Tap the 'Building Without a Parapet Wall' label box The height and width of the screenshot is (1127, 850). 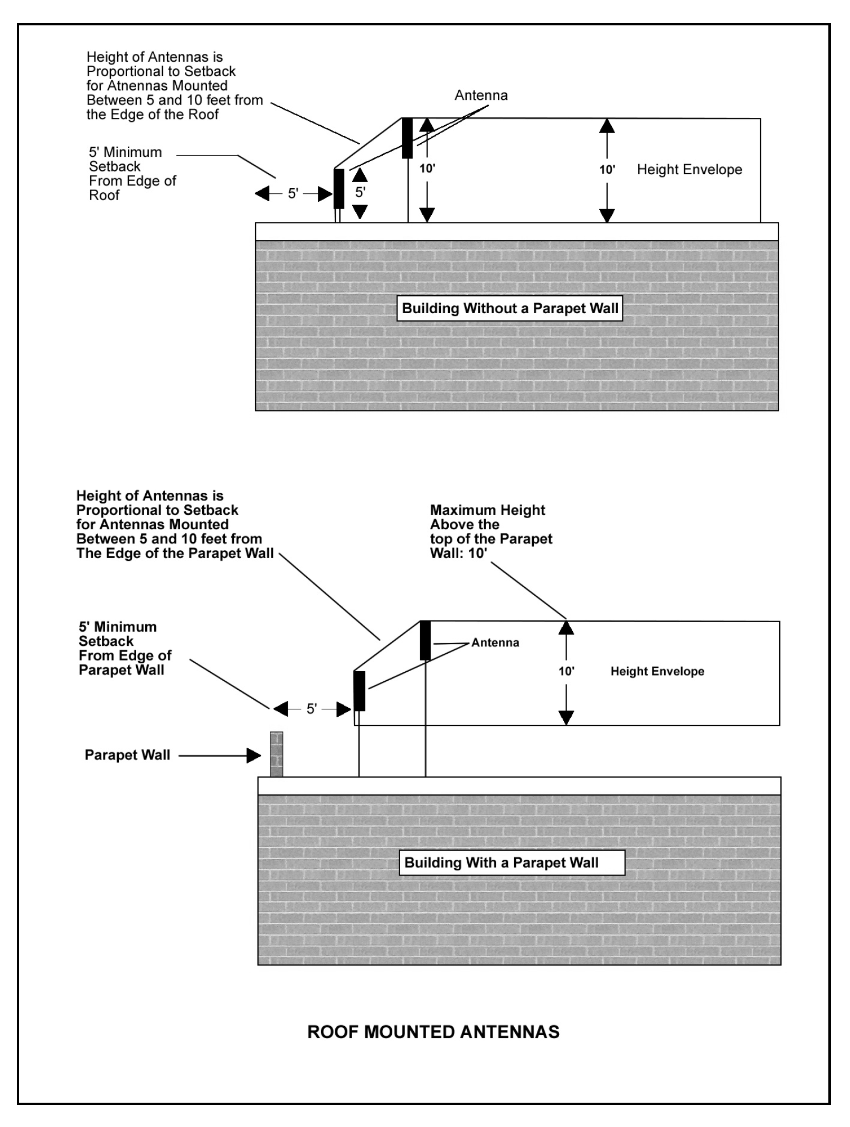pos(509,308)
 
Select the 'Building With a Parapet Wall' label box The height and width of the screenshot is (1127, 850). pos(511,862)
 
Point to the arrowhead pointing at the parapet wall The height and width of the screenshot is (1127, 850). pos(254,756)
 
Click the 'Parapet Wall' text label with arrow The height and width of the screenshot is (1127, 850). pos(127,755)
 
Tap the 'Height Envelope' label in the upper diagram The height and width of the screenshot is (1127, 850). pos(689,170)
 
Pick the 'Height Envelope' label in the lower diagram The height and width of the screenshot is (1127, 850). pos(657,671)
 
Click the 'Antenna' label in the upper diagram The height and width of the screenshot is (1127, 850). pos(481,96)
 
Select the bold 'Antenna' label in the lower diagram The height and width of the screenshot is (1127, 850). pos(495,643)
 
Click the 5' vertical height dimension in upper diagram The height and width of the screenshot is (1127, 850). pos(360,192)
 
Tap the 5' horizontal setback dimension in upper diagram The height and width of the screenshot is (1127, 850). pos(293,194)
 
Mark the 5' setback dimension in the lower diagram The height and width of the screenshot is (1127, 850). pos(311,709)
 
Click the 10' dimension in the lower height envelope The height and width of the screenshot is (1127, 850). pos(566,671)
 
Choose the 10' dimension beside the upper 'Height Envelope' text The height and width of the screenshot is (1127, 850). pos(607,170)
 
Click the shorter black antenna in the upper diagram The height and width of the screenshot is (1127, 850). pos(339,189)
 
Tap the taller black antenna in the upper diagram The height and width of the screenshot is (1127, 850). pos(407,138)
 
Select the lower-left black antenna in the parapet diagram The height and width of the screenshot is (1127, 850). pos(360,691)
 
